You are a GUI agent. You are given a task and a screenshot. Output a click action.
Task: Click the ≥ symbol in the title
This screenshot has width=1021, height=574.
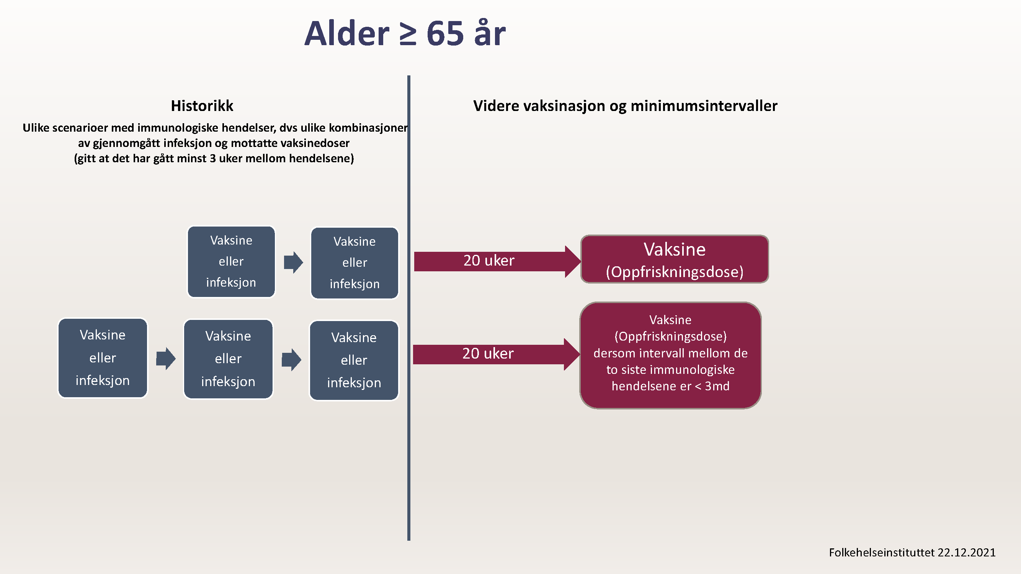pos(407,34)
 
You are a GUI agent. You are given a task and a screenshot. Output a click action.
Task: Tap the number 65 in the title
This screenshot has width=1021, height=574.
pos(445,34)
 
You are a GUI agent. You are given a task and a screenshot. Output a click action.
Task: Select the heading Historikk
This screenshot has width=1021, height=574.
pos(202,106)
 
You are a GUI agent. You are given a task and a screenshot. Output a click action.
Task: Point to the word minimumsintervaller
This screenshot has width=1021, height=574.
pos(704,106)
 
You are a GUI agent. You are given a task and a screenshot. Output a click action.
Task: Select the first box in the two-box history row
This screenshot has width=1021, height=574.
pos(231,261)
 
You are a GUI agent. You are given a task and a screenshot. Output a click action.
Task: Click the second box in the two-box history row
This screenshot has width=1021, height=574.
pos(354,263)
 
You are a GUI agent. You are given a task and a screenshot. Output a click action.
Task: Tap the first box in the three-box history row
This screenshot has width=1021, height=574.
pos(103,358)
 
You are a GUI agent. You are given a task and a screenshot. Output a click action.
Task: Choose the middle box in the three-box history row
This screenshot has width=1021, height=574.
pos(228,359)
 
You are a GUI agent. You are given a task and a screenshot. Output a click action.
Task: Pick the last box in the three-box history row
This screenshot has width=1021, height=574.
pos(354,360)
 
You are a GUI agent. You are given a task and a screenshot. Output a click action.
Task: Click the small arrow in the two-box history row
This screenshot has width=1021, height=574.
pos(293,262)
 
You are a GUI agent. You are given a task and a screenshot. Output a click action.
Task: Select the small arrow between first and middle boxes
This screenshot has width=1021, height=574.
pos(166,359)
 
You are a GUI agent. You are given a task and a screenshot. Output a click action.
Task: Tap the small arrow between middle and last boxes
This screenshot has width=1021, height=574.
pos(291,360)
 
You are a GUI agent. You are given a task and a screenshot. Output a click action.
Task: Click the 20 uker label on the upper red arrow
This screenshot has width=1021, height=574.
pos(489,261)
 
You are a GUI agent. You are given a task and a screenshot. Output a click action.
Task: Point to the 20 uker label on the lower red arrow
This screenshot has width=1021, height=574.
pos(487,353)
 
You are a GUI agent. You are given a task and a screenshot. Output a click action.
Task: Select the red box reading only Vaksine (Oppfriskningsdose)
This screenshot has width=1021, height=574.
pos(674,259)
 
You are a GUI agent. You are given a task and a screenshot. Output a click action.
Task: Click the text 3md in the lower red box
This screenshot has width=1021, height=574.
pos(717,386)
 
